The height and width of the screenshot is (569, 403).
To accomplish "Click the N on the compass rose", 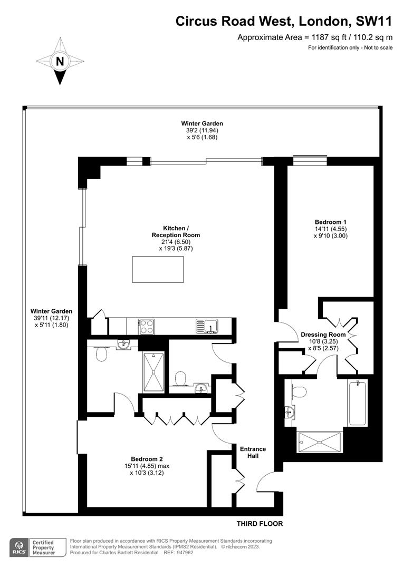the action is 60,61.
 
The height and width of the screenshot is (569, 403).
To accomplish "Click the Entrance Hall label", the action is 253,452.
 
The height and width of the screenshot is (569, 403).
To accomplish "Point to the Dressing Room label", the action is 323,335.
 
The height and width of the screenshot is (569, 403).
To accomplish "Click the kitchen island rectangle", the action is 158,269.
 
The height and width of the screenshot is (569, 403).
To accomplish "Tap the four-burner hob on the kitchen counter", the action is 146,326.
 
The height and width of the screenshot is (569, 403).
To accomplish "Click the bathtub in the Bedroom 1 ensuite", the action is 358,403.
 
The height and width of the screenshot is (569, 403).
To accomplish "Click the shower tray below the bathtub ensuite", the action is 320,442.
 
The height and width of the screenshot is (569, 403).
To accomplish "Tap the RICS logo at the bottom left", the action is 18,547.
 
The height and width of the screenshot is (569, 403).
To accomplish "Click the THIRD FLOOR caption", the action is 260,524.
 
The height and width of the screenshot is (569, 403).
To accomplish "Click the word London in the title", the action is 323,22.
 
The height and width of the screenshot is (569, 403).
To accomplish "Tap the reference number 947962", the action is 185,553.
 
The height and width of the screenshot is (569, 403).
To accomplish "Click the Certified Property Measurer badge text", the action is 44,547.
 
